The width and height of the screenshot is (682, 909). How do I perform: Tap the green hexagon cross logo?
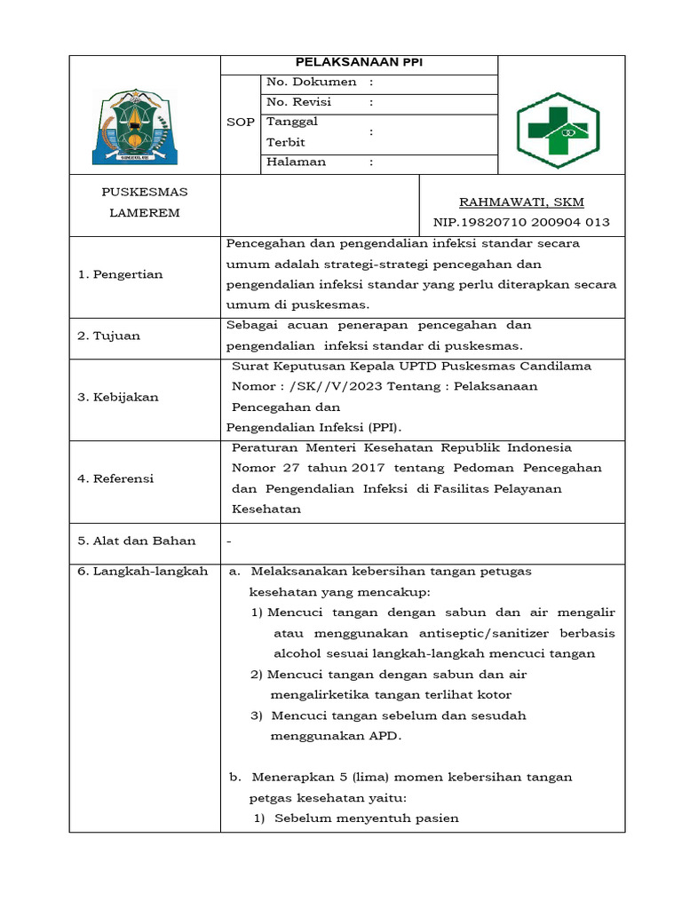pyautogui.click(x=558, y=130)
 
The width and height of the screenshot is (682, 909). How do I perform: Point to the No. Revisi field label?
pyautogui.click(x=299, y=102)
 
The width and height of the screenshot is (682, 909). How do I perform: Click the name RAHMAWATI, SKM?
pyautogui.click(x=521, y=202)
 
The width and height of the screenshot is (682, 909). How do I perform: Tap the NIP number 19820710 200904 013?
pyautogui.click(x=521, y=222)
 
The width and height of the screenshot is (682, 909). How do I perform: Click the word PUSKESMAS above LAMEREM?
pyautogui.click(x=145, y=192)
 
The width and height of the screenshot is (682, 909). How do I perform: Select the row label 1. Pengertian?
pyautogui.click(x=120, y=274)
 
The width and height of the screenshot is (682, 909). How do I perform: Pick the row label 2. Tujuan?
pyautogui.click(x=109, y=336)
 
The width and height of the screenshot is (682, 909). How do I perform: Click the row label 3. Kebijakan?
pyautogui.click(x=118, y=397)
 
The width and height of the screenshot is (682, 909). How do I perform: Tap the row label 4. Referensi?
pyautogui.click(x=116, y=478)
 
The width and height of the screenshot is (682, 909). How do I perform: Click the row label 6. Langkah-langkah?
pyautogui.click(x=143, y=571)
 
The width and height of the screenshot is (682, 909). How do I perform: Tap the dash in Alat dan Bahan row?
pyautogui.click(x=230, y=541)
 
